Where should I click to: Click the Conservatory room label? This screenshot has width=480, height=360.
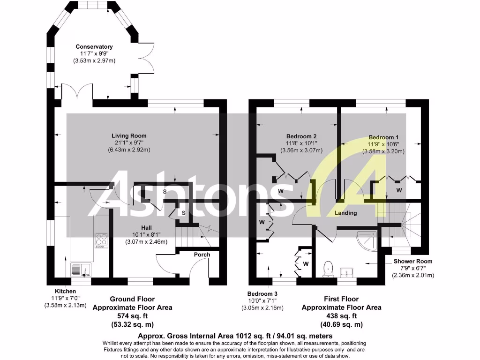pyautogui.click(x=94, y=47)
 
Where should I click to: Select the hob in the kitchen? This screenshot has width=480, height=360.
pyautogui.click(x=101, y=241)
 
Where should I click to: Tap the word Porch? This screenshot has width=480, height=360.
pyautogui.click(x=202, y=255)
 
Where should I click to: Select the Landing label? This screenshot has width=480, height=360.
pyautogui.click(x=345, y=213)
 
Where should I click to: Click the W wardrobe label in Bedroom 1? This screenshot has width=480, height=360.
pyautogui.click(x=399, y=190)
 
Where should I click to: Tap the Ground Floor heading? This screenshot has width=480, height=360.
pyautogui.click(x=132, y=299)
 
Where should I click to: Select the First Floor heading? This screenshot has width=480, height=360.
pyautogui.click(x=341, y=299)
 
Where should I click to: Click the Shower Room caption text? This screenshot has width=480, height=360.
pyautogui.click(x=413, y=261)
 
